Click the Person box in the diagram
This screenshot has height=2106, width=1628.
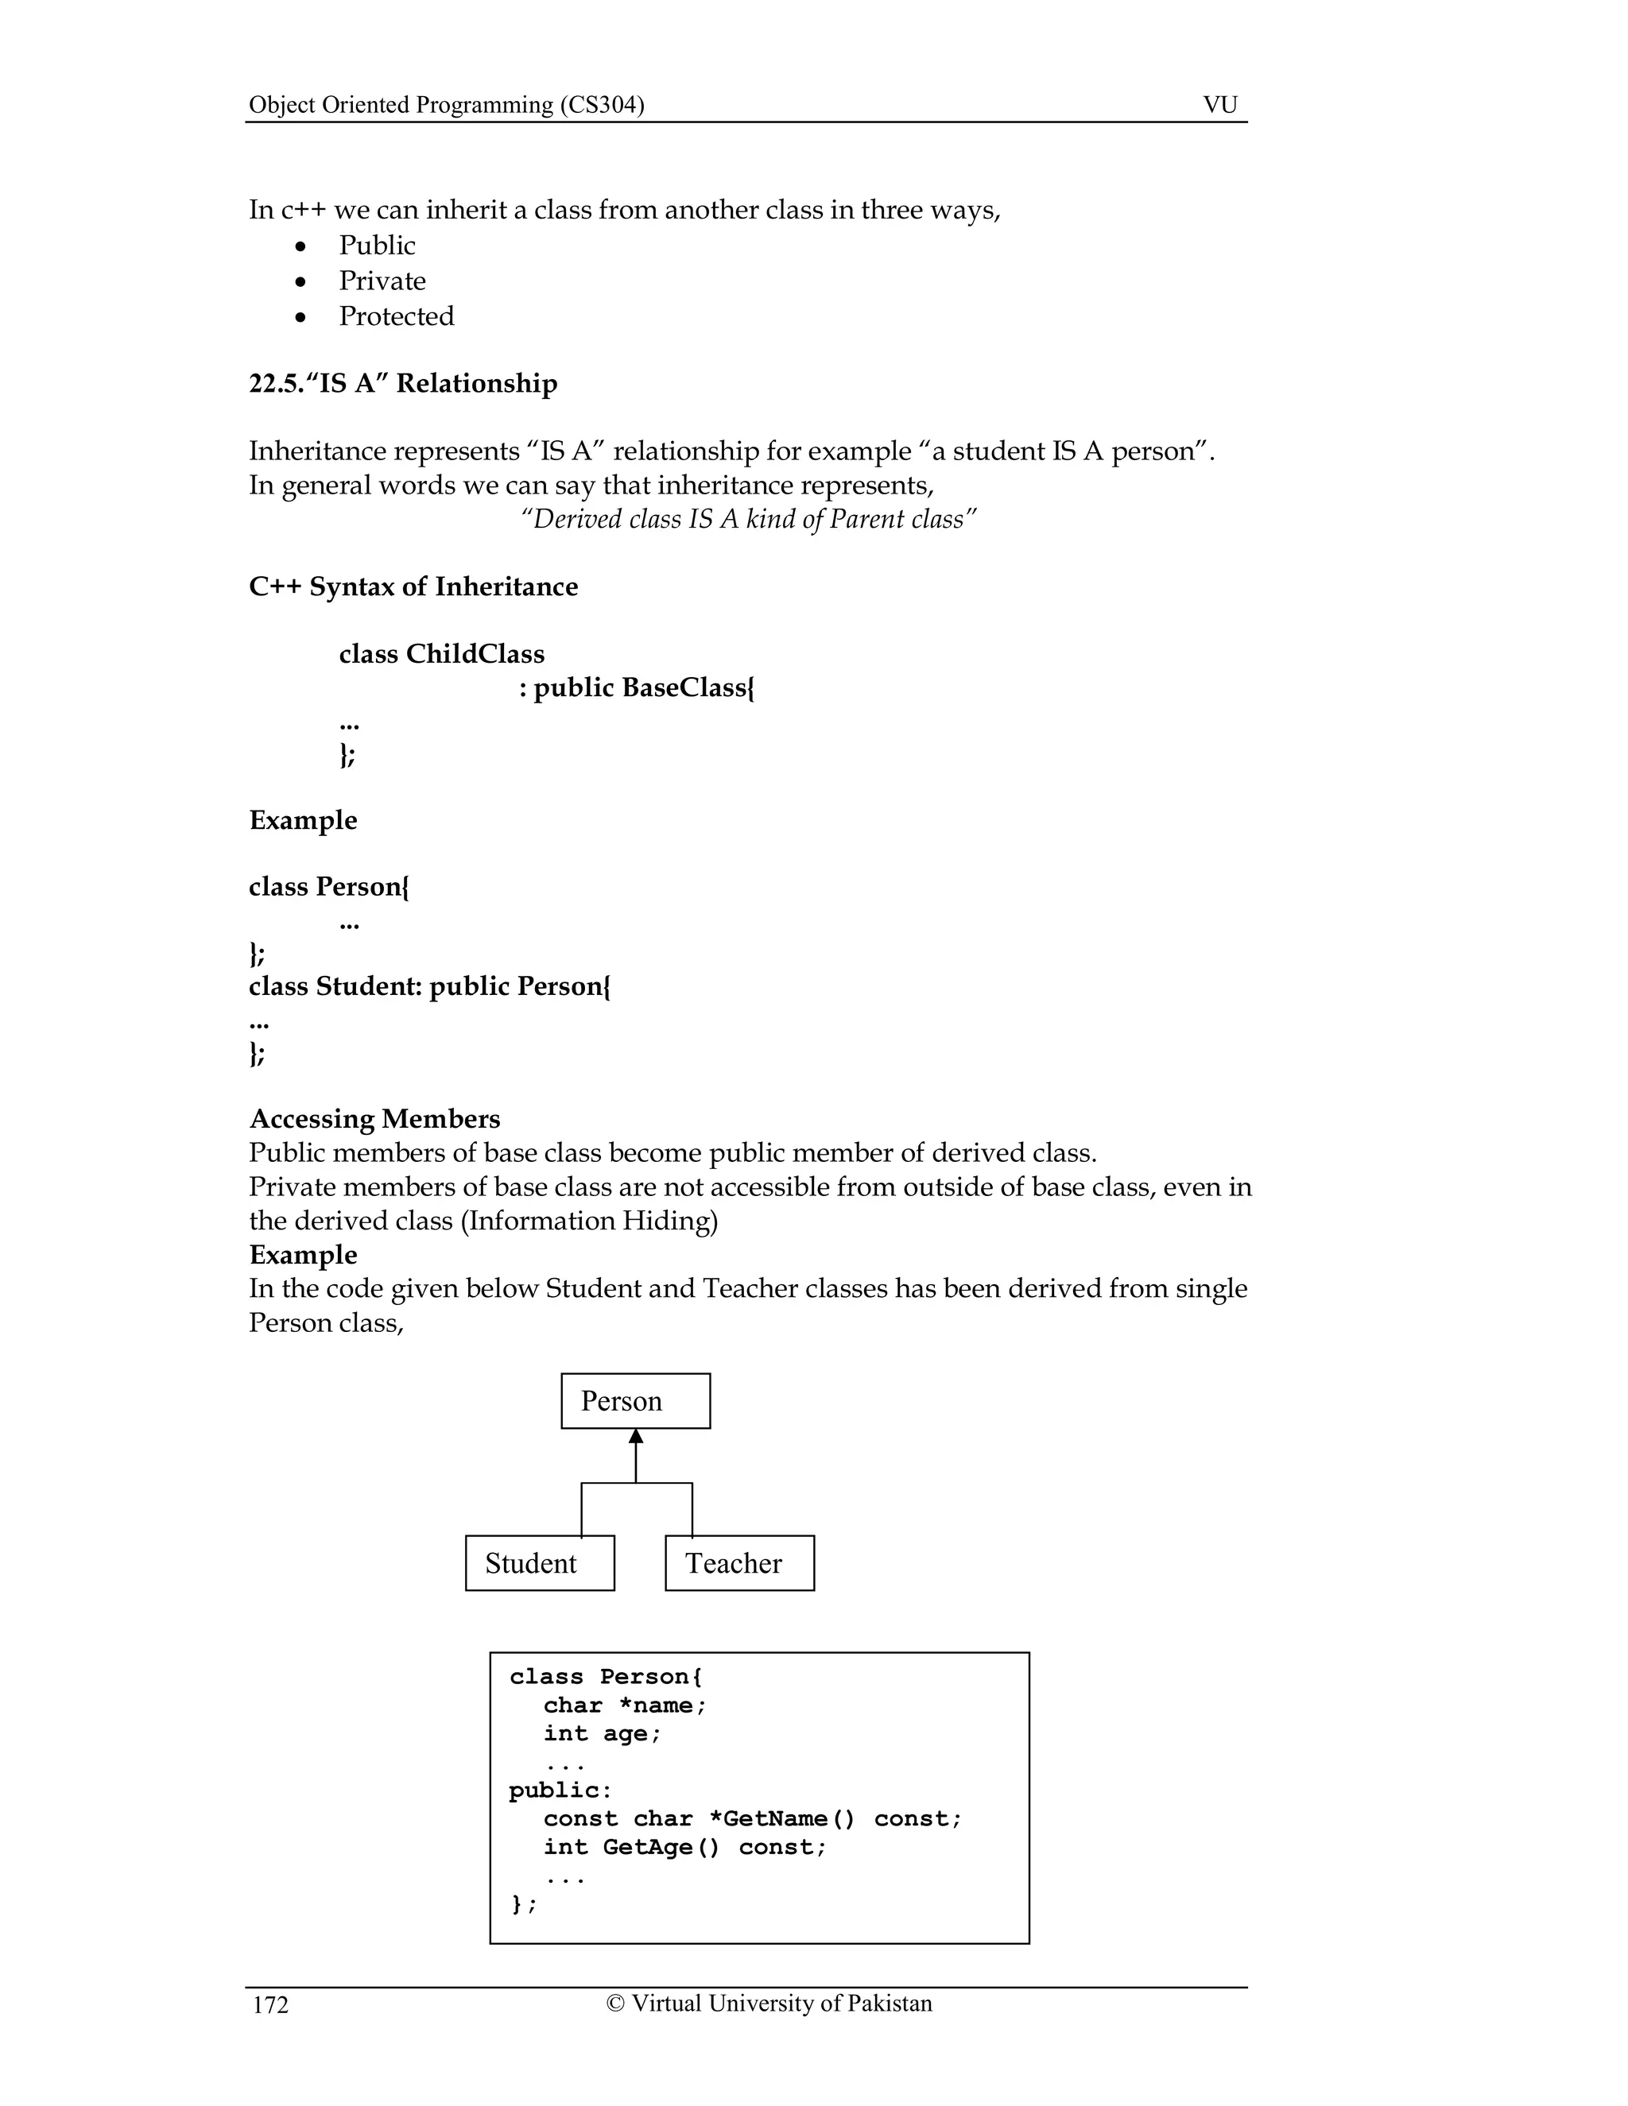click(636, 1401)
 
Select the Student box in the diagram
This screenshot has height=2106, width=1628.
click(539, 1563)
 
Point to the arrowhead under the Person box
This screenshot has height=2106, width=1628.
click(636, 1437)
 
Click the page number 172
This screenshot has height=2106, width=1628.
click(270, 2005)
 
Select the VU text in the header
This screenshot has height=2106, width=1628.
click(1220, 104)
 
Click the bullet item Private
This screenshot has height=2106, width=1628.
click(382, 281)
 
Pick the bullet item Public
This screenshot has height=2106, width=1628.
click(376, 245)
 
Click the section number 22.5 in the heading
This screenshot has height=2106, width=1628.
click(275, 384)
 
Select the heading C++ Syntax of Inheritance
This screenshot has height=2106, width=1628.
click(413, 587)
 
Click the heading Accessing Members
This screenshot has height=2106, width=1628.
click(374, 1119)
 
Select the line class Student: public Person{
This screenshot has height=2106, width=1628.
click(429, 986)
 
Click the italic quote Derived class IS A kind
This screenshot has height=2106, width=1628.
click(747, 520)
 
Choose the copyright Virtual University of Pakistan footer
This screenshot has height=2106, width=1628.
click(769, 2003)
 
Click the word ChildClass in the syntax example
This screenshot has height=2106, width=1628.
click(475, 654)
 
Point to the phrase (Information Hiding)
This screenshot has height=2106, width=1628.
click(589, 1221)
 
